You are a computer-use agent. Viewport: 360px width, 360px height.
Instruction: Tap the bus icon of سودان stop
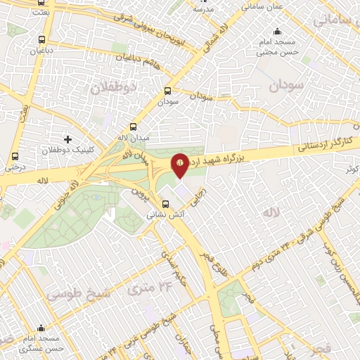167,91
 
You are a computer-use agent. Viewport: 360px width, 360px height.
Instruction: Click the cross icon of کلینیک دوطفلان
67,139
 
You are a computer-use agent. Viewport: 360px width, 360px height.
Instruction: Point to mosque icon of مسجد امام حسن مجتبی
278,31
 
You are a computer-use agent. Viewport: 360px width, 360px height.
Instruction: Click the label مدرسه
204,10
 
